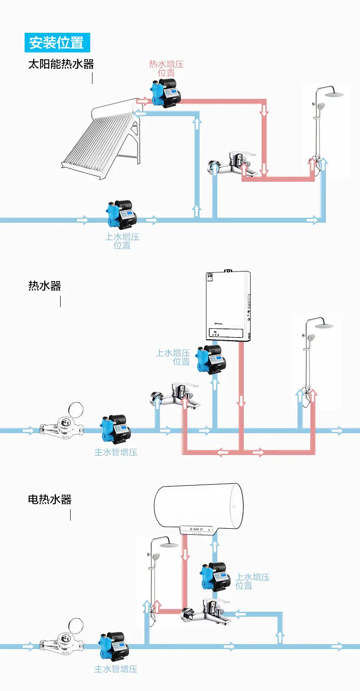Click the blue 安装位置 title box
57,42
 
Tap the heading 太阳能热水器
61,64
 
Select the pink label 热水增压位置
166,68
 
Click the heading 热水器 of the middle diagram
45,286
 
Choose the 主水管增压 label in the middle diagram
116,452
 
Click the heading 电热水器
50,499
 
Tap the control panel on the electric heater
197,530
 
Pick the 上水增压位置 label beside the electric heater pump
252,581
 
